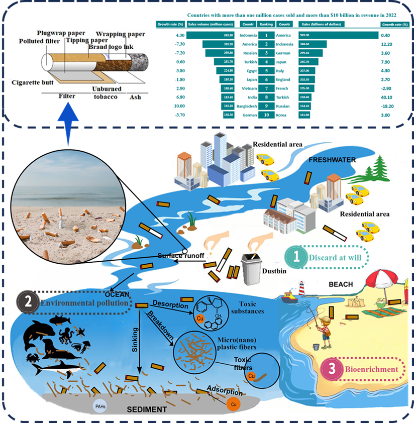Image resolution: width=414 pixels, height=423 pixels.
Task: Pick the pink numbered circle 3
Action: tap(332, 369)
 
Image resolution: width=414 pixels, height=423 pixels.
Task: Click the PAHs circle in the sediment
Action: tap(99, 406)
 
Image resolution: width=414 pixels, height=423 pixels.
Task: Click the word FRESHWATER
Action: tap(333, 160)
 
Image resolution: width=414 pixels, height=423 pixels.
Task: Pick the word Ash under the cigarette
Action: tap(135, 97)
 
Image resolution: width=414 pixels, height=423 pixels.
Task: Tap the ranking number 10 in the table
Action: tap(266, 115)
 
